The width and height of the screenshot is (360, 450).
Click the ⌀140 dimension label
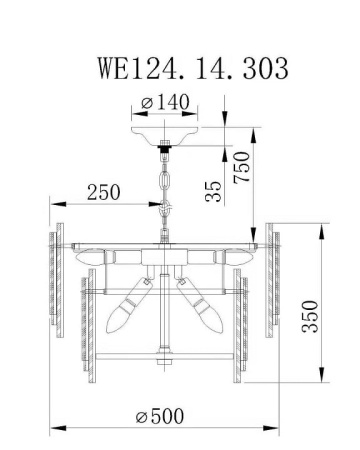pyautogui.click(x=166, y=102)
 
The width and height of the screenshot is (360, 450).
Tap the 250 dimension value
pyautogui.click(x=104, y=191)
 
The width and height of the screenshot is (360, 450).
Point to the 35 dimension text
pyautogui.click(x=214, y=190)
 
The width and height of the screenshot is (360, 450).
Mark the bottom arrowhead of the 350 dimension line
pyautogui.click(x=321, y=383)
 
